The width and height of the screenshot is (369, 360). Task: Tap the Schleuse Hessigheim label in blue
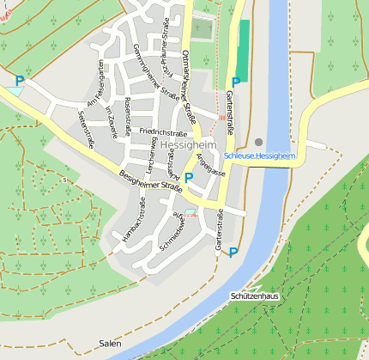pos(257,156)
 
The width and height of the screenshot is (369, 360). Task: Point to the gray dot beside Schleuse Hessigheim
pos(258,142)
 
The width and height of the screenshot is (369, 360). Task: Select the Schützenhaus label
pos(255,296)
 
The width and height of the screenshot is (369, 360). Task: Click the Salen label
pos(109,343)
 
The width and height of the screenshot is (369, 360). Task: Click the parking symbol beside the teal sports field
pos(234,82)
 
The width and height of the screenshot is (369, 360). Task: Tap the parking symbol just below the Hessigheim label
pos(189,178)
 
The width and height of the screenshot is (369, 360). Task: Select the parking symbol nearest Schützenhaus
pos(233,253)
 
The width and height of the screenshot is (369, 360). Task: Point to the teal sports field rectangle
pos(243,51)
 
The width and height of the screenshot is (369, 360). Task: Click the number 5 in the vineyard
pos(64,180)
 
